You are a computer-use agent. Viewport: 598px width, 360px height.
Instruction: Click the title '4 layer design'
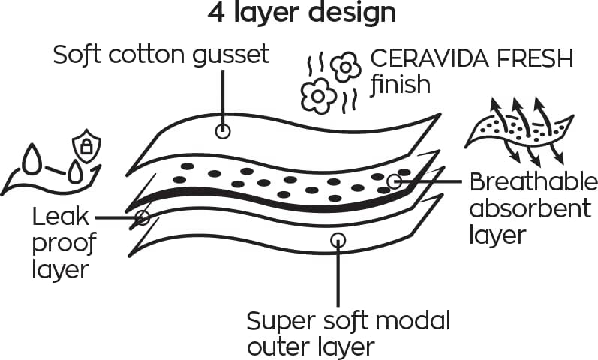click(x=300, y=13)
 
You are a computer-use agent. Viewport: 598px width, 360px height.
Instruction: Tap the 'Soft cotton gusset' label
click(x=161, y=55)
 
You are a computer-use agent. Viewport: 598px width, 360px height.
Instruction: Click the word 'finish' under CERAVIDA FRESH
click(x=401, y=84)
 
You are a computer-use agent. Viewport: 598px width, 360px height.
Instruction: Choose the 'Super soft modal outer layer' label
click(x=349, y=334)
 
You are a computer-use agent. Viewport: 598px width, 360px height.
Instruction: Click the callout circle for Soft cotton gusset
click(x=223, y=131)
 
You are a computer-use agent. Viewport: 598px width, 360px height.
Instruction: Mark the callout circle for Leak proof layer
click(x=142, y=217)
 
